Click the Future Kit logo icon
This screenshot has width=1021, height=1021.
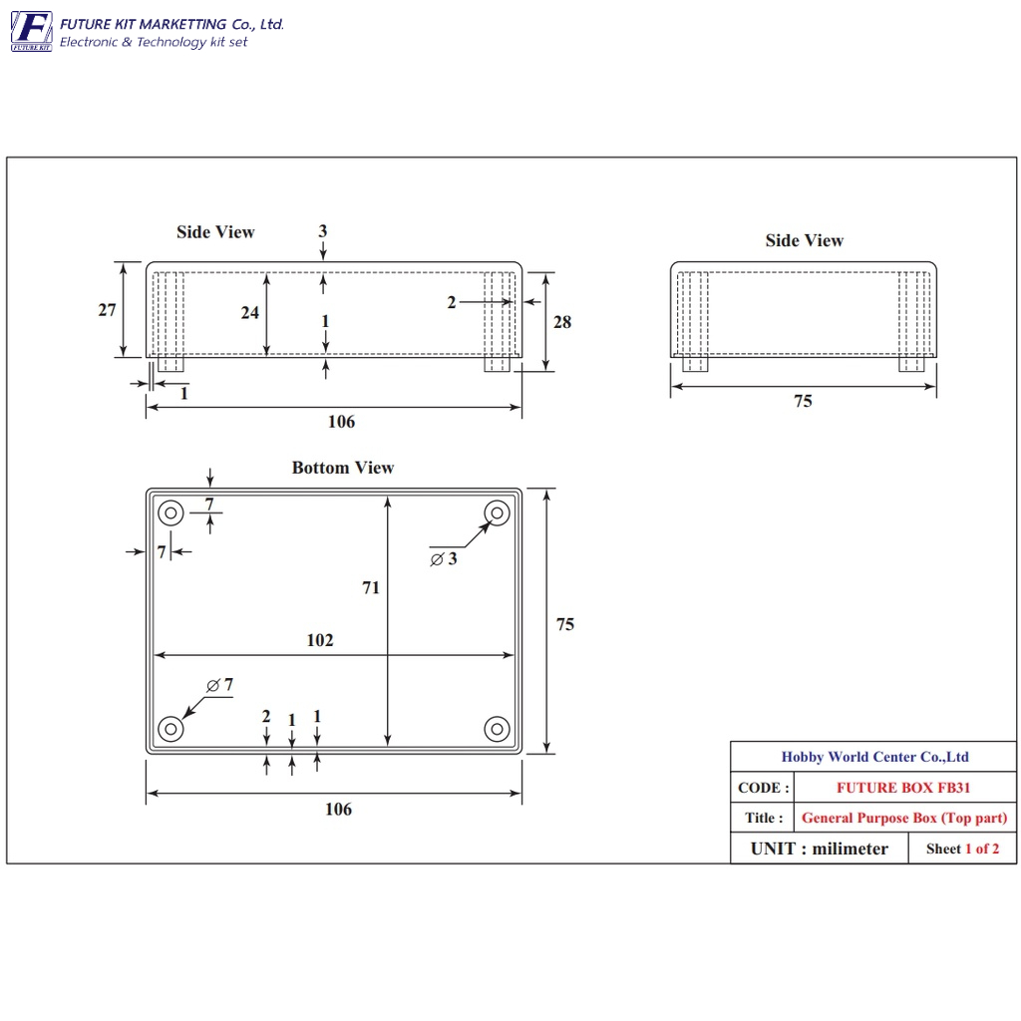click(x=31, y=31)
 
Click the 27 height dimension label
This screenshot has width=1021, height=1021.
click(x=107, y=310)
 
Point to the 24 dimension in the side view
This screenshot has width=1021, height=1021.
click(x=250, y=312)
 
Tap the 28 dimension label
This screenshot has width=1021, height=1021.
click(x=562, y=322)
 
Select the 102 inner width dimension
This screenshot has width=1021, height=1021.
click(x=320, y=640)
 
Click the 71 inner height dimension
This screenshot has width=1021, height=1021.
click(x=371, y=587)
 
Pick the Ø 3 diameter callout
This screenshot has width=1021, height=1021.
click(x=444, y=558)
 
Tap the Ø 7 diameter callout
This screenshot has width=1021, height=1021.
click(x=219, y=684)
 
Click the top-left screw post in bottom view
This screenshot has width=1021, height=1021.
click(x=170, y=513)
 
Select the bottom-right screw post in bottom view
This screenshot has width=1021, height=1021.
click(x=497, y=729)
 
